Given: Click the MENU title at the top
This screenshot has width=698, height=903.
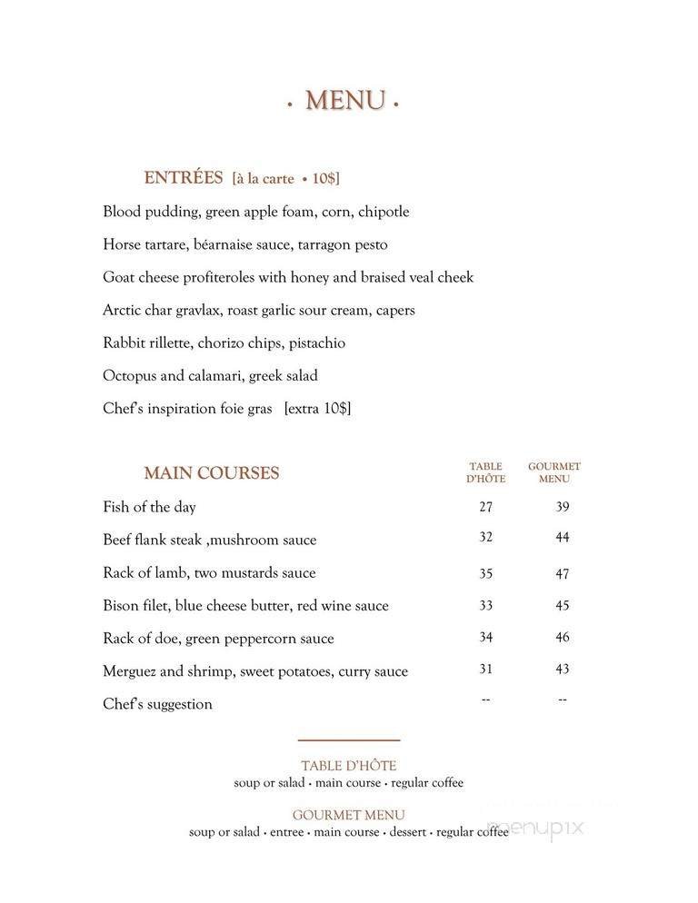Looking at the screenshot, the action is point(344,101).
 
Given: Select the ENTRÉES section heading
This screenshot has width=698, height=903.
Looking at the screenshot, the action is point(183,178).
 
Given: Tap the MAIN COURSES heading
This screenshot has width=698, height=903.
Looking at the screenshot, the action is point(211,473).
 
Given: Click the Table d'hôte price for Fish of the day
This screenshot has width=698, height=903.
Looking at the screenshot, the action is point(486,507).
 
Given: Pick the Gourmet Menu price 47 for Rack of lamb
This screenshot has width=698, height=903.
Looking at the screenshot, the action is point(563,573).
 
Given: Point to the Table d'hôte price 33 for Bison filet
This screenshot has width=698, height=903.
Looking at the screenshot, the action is point(486,605).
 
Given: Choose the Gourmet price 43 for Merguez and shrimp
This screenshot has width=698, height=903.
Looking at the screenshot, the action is point(563,670).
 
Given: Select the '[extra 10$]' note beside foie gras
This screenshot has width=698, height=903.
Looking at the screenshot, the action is point(317,409).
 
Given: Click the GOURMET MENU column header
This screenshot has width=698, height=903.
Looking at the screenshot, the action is point(554,472).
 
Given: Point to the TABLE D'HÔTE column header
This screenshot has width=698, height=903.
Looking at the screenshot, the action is point(486,472).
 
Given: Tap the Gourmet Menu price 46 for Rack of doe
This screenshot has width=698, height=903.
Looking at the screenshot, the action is point(563,638).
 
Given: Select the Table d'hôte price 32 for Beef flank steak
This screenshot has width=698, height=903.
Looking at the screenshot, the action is point(486,538).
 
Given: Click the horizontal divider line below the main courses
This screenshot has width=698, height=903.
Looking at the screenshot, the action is point(349,740).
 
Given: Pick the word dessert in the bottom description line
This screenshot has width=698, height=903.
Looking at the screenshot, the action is point(408,832).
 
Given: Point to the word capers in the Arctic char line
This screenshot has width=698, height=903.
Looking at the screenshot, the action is point(395,310).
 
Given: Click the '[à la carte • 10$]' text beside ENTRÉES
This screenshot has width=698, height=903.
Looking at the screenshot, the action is point(285,179).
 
